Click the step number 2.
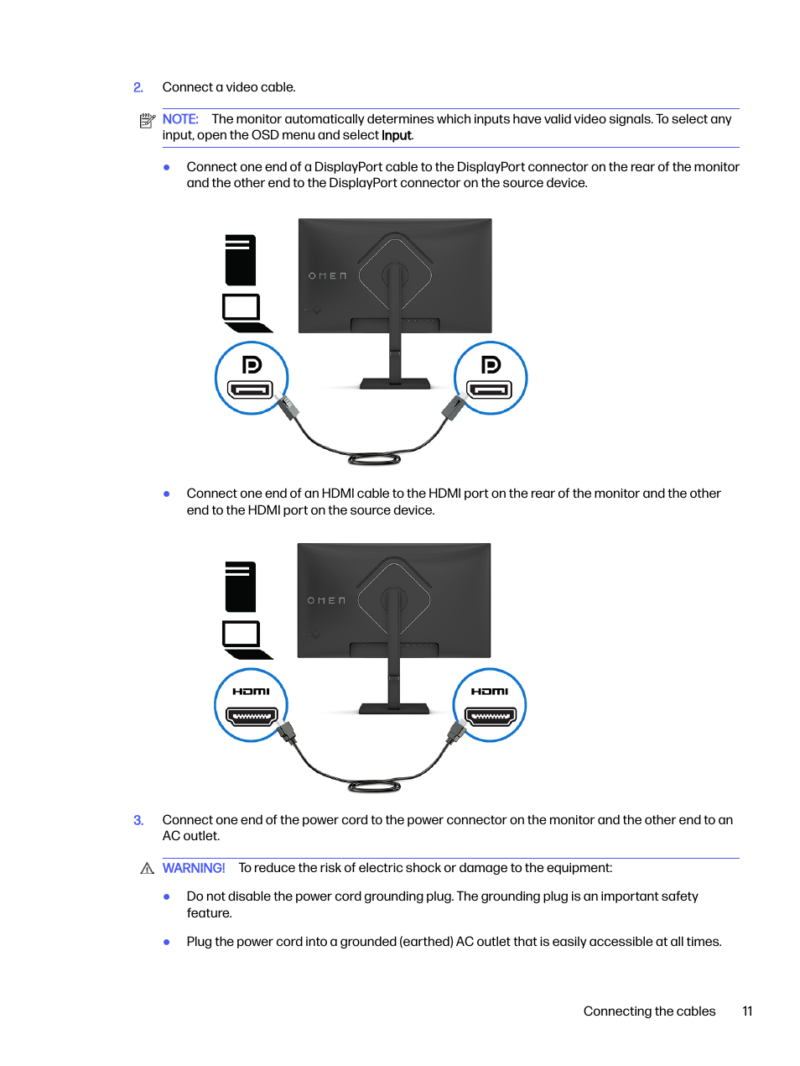coord(138,87)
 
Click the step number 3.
coord(138,820)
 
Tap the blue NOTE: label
coord(180,119)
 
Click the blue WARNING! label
coord(194,868)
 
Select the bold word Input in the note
coord(397,136)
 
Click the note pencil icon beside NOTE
coord(148,121)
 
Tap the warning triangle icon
coord(148,869)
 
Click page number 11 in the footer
coord(747,1011)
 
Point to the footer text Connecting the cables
coord(649,1011)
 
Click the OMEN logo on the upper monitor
coord(327,276)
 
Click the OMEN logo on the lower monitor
coord(326,601)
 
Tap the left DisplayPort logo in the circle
coord(252,364)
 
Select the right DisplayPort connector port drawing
coord(491,389)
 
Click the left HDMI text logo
coord(252,692)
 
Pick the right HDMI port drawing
coord(491,717)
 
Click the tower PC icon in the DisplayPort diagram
coord(241,260)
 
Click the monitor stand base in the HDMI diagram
coord(394,709)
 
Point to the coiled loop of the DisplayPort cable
coord(375,459)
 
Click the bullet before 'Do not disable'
coord(167,896)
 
